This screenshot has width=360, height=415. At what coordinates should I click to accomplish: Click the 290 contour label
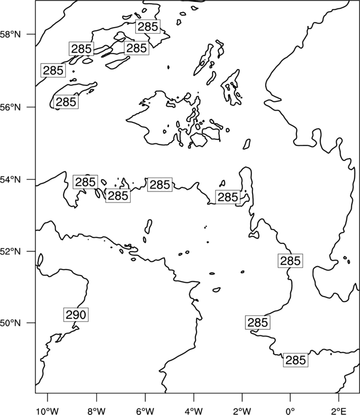coord(76,315)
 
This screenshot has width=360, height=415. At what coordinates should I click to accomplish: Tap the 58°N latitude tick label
coord(11,34)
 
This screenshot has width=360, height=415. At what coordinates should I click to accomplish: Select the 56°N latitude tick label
coord(11,107)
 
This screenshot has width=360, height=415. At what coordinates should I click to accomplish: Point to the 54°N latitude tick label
coord(11,180)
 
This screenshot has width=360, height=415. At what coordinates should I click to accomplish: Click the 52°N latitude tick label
coord(11,251)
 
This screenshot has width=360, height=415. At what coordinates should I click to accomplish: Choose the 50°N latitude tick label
coord(11,323)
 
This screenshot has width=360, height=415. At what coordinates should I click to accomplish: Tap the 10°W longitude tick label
coord(48,411)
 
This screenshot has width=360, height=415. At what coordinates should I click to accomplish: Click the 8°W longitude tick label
coord(96,411)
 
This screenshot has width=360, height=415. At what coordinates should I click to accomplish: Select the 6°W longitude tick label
coord(145,411)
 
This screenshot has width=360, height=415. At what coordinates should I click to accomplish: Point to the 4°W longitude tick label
coord(194,411)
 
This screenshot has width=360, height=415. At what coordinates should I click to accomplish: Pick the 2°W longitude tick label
coord(242,411)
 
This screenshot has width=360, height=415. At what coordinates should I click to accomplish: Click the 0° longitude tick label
coord(290,411)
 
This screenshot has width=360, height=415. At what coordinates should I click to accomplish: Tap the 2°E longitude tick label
coord(339,411)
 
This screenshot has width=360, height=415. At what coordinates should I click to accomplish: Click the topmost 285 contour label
coord(148,27)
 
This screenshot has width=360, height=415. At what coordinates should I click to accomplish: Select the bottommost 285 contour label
coord(296,360)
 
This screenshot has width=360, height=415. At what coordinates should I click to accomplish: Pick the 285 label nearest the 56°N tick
coord(66,102)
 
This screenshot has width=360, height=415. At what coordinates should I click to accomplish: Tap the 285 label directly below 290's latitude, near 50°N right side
coord(258,323)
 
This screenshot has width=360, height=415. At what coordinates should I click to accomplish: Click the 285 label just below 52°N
coord(290,261)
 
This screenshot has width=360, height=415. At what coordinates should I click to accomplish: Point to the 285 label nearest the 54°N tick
coord(85,182)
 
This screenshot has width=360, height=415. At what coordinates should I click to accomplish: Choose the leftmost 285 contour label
coord(53,70)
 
